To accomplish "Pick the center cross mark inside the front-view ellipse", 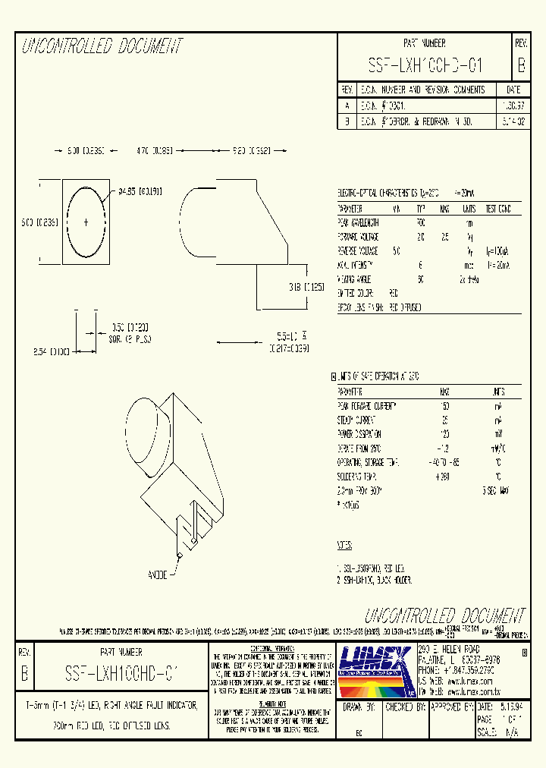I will point(86,222).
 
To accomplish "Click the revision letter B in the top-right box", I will point(520,65).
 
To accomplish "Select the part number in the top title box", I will point(425,65).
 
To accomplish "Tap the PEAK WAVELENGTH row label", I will point(358,222).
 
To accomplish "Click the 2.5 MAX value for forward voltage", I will point(445,236).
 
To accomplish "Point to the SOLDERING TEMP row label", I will point(357,477).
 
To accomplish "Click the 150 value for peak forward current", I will point(445,406).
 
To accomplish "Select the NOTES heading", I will point(345,545).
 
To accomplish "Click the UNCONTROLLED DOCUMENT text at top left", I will point(102,46).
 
